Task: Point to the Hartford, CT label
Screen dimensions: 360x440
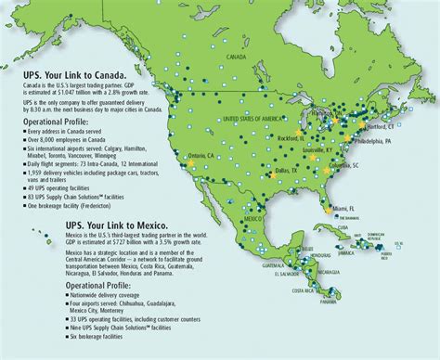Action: (403, 122)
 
